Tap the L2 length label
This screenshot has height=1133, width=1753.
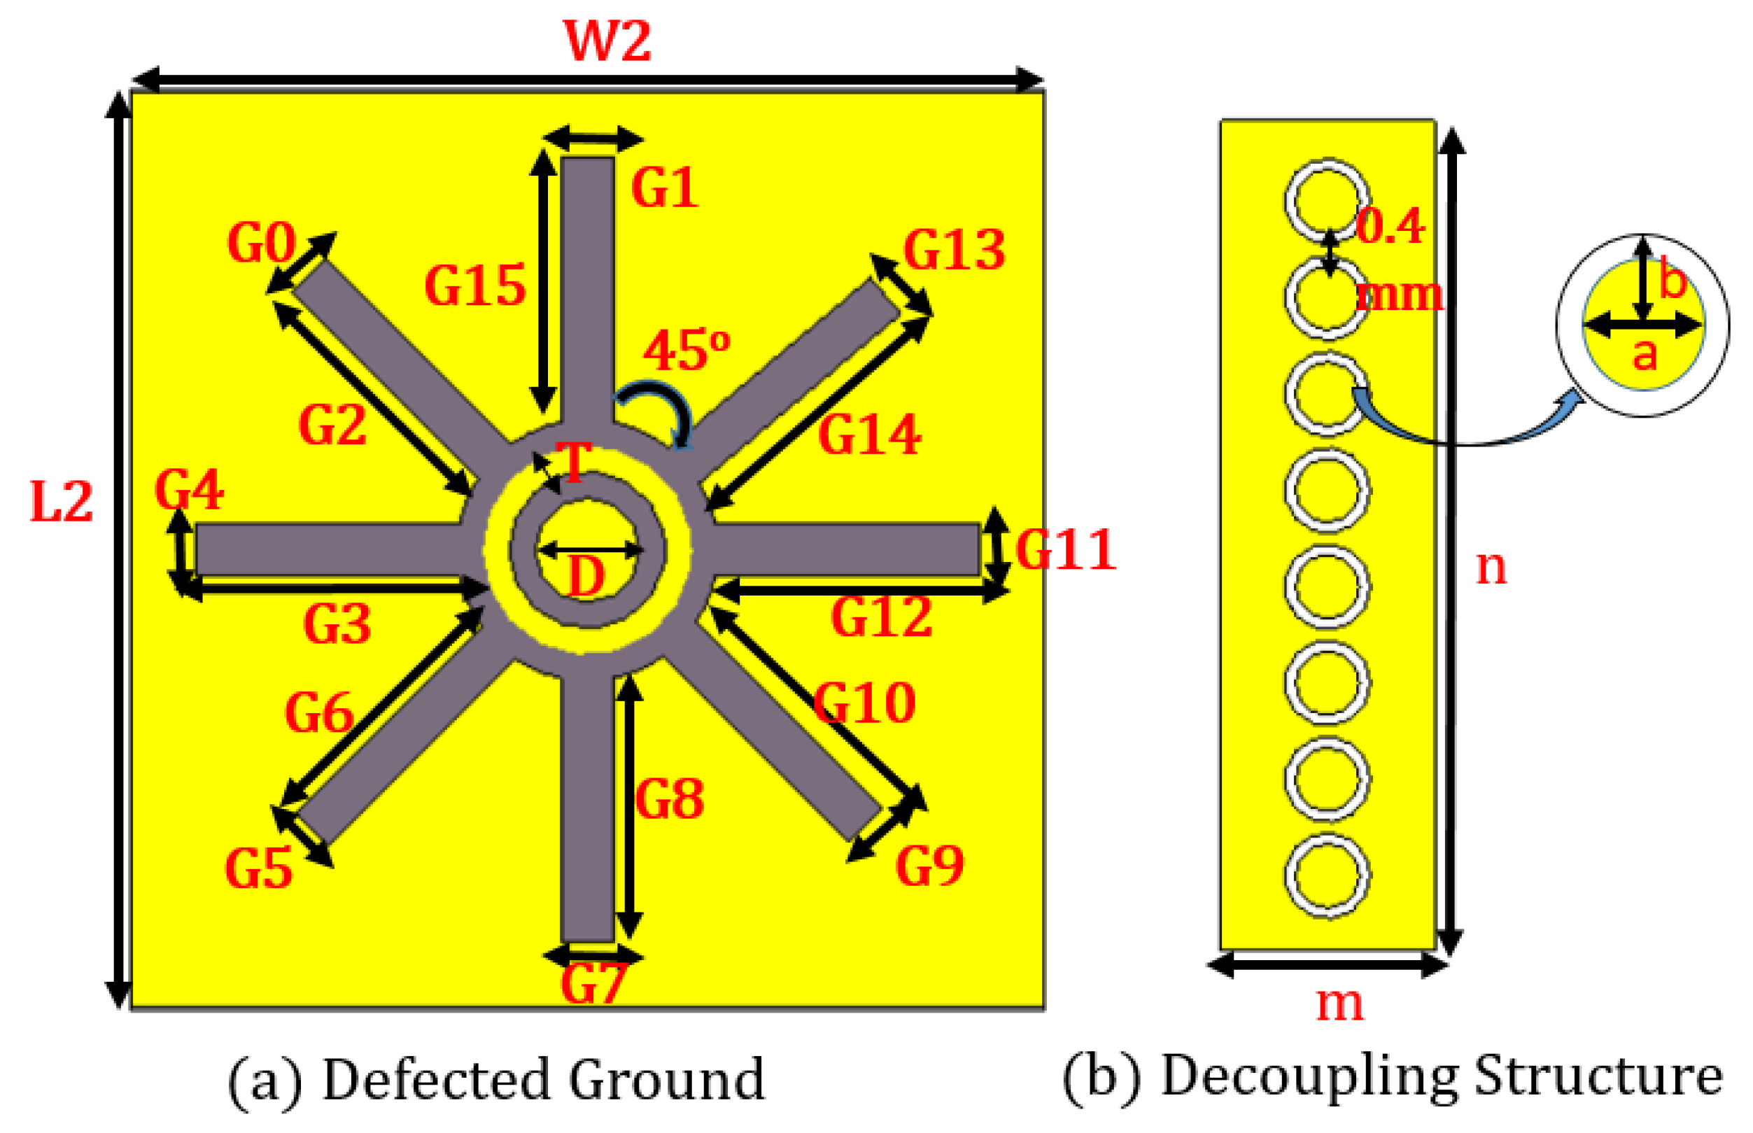[x=61, y=502]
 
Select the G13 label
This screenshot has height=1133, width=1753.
[x=954, y=250]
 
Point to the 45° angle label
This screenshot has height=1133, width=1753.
[x=686, y=349]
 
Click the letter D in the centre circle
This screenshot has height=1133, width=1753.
[x=586, y=576]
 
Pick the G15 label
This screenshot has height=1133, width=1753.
[x=475, y=286]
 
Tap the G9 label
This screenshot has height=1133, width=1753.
[x=929, y=866]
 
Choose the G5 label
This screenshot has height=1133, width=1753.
[x=258, y=869]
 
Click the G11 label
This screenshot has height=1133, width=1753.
[x=1066, y=550]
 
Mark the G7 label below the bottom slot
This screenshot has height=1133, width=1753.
[x=593, y=984]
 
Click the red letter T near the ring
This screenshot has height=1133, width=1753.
[x=573, y=462]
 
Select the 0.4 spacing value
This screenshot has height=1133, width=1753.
[x=1390, y=226]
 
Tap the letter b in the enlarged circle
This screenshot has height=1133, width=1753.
[x=1672, y=281]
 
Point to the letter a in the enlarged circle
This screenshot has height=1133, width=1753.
[x=1644, y=355]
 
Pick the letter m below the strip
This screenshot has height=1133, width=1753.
[x=1339, y=1002]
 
